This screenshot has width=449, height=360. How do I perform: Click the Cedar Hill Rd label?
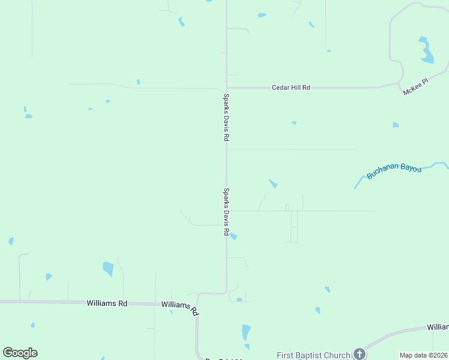291,88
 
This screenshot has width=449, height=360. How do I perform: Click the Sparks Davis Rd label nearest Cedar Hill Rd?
226,117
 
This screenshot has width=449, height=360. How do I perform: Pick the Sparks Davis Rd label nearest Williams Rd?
226,212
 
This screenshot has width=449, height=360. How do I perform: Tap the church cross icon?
359,353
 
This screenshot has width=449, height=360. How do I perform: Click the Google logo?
20,353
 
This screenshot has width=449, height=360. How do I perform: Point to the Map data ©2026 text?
423,355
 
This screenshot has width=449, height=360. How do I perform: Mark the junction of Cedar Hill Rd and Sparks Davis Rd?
226,88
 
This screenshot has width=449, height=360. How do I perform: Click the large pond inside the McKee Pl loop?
426,52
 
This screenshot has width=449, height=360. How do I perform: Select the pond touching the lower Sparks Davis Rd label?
234,236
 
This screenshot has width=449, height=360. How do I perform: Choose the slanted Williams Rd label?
180,308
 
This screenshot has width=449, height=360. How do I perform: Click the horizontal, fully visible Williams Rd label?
107,304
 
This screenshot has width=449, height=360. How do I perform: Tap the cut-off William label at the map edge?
438,327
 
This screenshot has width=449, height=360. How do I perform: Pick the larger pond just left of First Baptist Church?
246,332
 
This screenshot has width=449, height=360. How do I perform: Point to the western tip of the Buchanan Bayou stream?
355,188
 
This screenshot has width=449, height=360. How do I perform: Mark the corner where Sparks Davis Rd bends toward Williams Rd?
226,293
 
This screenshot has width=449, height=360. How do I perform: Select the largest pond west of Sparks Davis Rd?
108,269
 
